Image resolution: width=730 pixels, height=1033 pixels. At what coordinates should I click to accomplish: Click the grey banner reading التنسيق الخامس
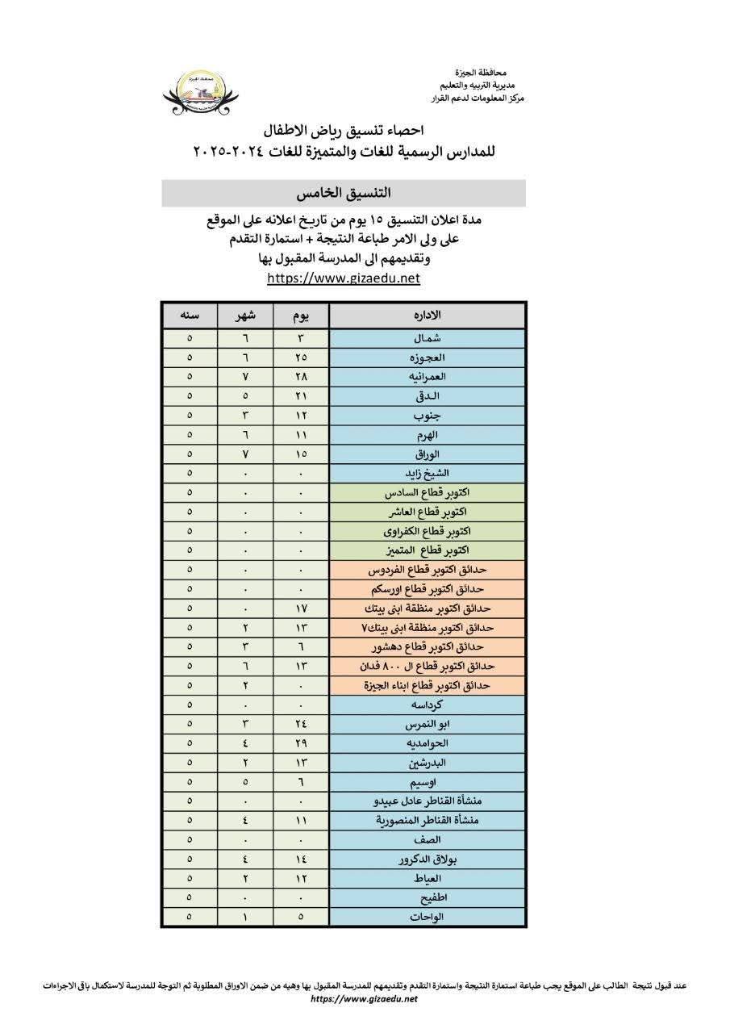(x=344, y=194)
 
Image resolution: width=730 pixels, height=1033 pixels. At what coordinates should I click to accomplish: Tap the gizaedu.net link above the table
(x=344, y=278)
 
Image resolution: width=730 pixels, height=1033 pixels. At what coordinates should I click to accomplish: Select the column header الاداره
(x=427, y=315)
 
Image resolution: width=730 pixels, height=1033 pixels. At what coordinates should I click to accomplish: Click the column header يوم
(x=301, y=315)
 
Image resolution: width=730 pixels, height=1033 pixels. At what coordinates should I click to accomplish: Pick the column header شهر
(x=245, y=315)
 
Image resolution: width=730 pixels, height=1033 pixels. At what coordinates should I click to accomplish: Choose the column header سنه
(x=190, y=315)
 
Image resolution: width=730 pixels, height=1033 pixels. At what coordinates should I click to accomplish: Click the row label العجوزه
(x=427, y=358)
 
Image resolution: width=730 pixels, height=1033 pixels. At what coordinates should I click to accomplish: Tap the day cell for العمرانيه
(x=301, y=377)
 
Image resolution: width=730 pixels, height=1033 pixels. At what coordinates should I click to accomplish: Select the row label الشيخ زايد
(x=427, y=473)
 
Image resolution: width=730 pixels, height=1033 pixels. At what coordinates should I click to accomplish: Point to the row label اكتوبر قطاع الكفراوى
(x=427, y=531)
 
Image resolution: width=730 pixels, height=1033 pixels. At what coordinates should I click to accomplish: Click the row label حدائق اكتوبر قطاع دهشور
(x=427, y=646)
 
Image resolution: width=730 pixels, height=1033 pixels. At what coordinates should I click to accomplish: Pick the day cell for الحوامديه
(x=301, y=743)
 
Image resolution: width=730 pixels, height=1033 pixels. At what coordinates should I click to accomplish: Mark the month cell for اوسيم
(x=245, y=781)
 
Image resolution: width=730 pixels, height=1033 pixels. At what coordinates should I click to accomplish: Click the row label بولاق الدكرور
(x=427, y=859)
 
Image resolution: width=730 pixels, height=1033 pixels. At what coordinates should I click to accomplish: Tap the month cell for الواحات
(x=245, y=917)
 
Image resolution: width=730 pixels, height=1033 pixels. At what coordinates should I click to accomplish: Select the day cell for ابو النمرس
(x=301, y=724)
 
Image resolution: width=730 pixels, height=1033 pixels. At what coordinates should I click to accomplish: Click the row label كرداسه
(x=427, y=705)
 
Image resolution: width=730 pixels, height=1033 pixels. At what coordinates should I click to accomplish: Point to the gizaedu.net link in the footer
(x=365, y=999)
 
